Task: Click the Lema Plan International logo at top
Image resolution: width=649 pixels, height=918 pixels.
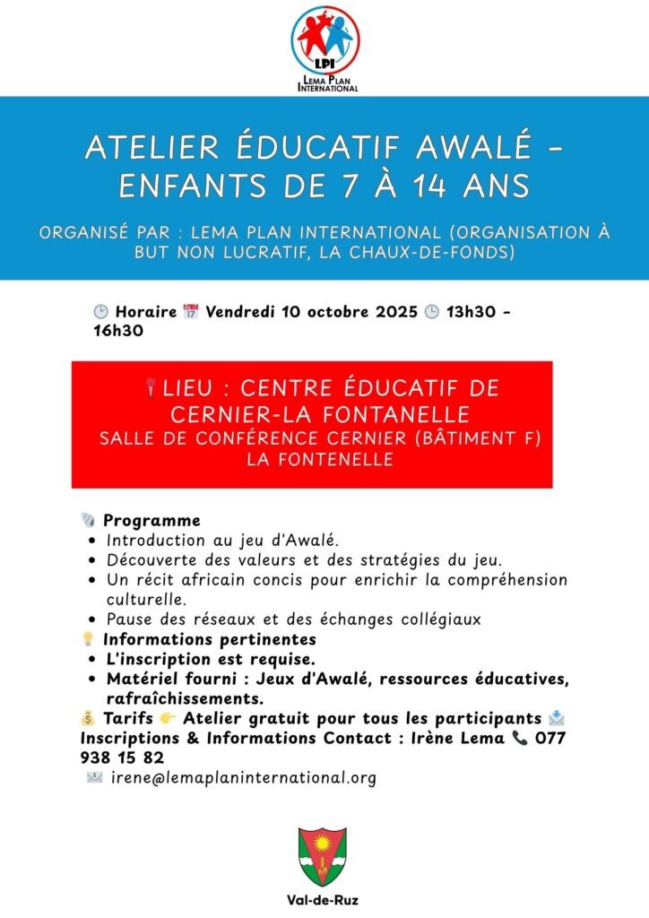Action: [x=325, y=48]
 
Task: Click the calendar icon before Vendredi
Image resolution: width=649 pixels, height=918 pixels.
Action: [x=190, y=313]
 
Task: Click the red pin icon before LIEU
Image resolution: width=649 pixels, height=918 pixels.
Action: [x=150, y=389]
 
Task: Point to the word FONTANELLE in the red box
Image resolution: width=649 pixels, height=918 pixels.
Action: [x=394, y=414]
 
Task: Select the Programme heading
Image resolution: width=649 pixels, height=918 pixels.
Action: [x=151, y=521]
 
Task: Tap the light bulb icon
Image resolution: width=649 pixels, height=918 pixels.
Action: [x=88, y=640]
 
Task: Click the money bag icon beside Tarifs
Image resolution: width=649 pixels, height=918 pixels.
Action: [x=87, y=719]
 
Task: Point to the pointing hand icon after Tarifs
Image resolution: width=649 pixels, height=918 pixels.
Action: [x=168, y=719]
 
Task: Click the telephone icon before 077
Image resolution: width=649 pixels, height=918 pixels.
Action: [x=520, y=739]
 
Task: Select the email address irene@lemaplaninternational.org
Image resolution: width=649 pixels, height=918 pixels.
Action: [x=243, y=778]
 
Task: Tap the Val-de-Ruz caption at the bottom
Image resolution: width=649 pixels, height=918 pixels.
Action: [x=324, y=900]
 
